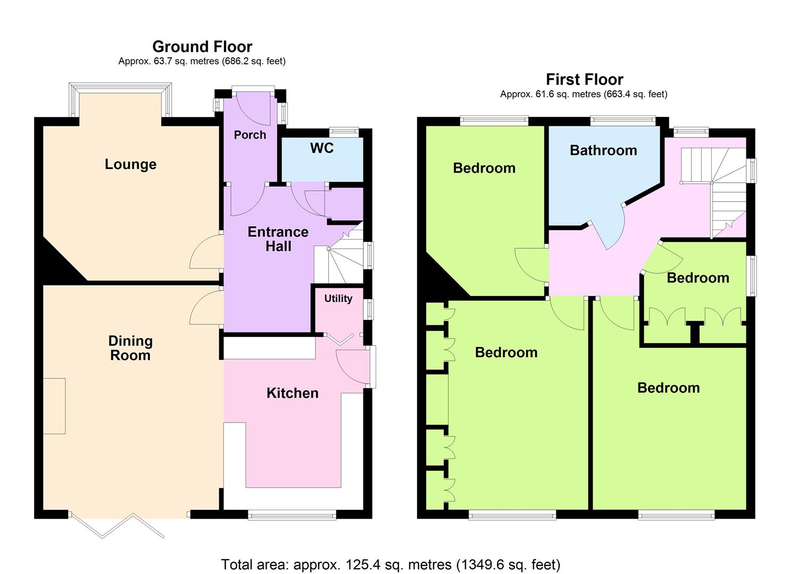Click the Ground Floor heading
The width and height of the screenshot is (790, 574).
(x=202, y=47)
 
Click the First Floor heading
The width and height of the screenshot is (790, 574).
(x=584, y=80)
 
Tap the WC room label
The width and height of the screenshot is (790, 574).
(x=322, y=148)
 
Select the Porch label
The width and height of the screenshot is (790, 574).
(x=250, y=135)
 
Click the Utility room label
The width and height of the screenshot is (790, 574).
(x=338, y=299)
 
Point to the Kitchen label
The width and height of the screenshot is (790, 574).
(x=292, y=393)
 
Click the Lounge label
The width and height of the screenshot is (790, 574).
(x=130, y=165)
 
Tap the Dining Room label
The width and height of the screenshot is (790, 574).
(x=130, y=348)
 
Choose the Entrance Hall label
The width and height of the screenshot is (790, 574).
(x=278, y=239)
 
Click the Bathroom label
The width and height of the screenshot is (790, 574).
(x=603, y=150)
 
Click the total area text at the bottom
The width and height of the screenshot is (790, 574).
(x=390, y=564)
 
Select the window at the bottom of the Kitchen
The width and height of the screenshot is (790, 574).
(x=292, y=514)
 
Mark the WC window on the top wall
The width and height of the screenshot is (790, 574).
(x=344, y=131)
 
